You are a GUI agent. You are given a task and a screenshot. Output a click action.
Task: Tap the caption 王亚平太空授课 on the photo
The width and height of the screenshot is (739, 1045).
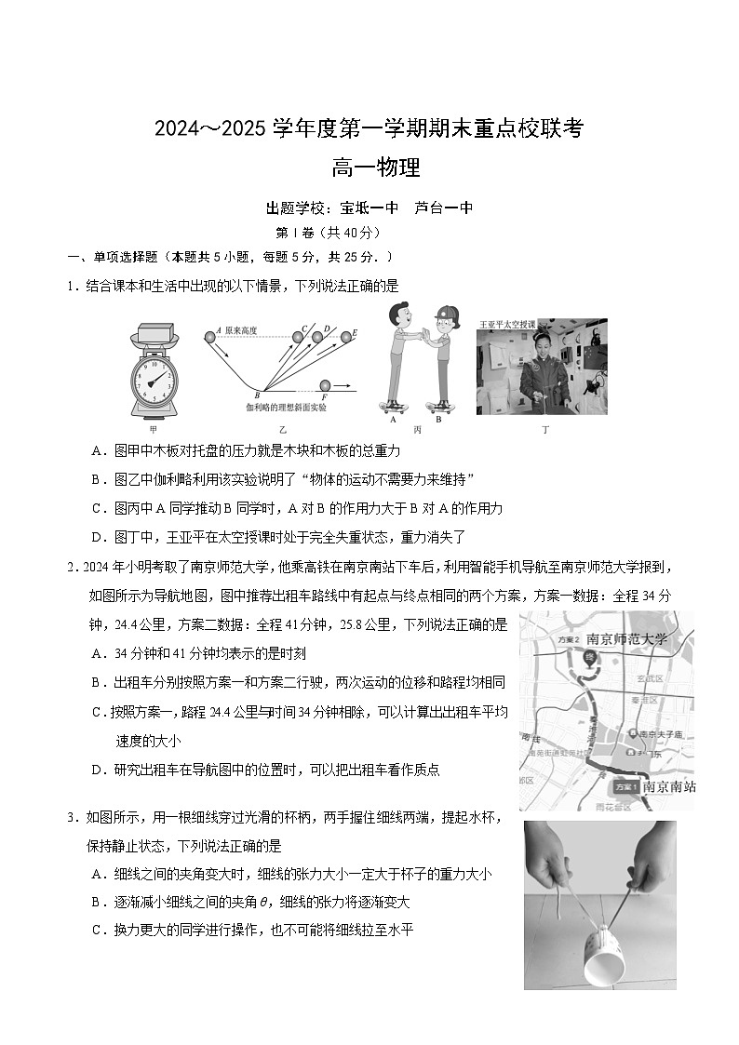[x=508, y=325]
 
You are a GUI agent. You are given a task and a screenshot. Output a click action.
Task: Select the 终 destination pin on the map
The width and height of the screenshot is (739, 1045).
[x=588, y=658]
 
